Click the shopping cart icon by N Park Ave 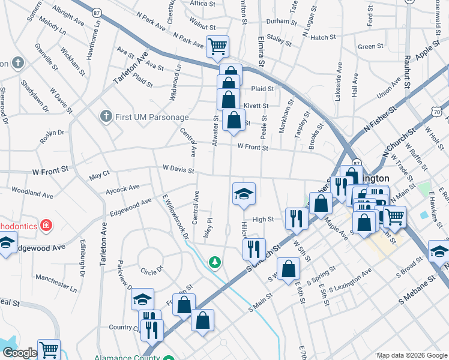click(x=217, y=46)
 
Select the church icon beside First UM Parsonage click(x=106, y=116)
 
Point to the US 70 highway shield click(x=440, y=111)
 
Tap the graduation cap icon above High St click(x=244, y=194)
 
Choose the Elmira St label click(x=261, y=52)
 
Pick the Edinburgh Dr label click(x=82, y=259)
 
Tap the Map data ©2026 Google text click(x=411, y=355)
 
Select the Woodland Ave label click(x=32, y=194)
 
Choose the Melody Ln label click(x=53, y=25)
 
